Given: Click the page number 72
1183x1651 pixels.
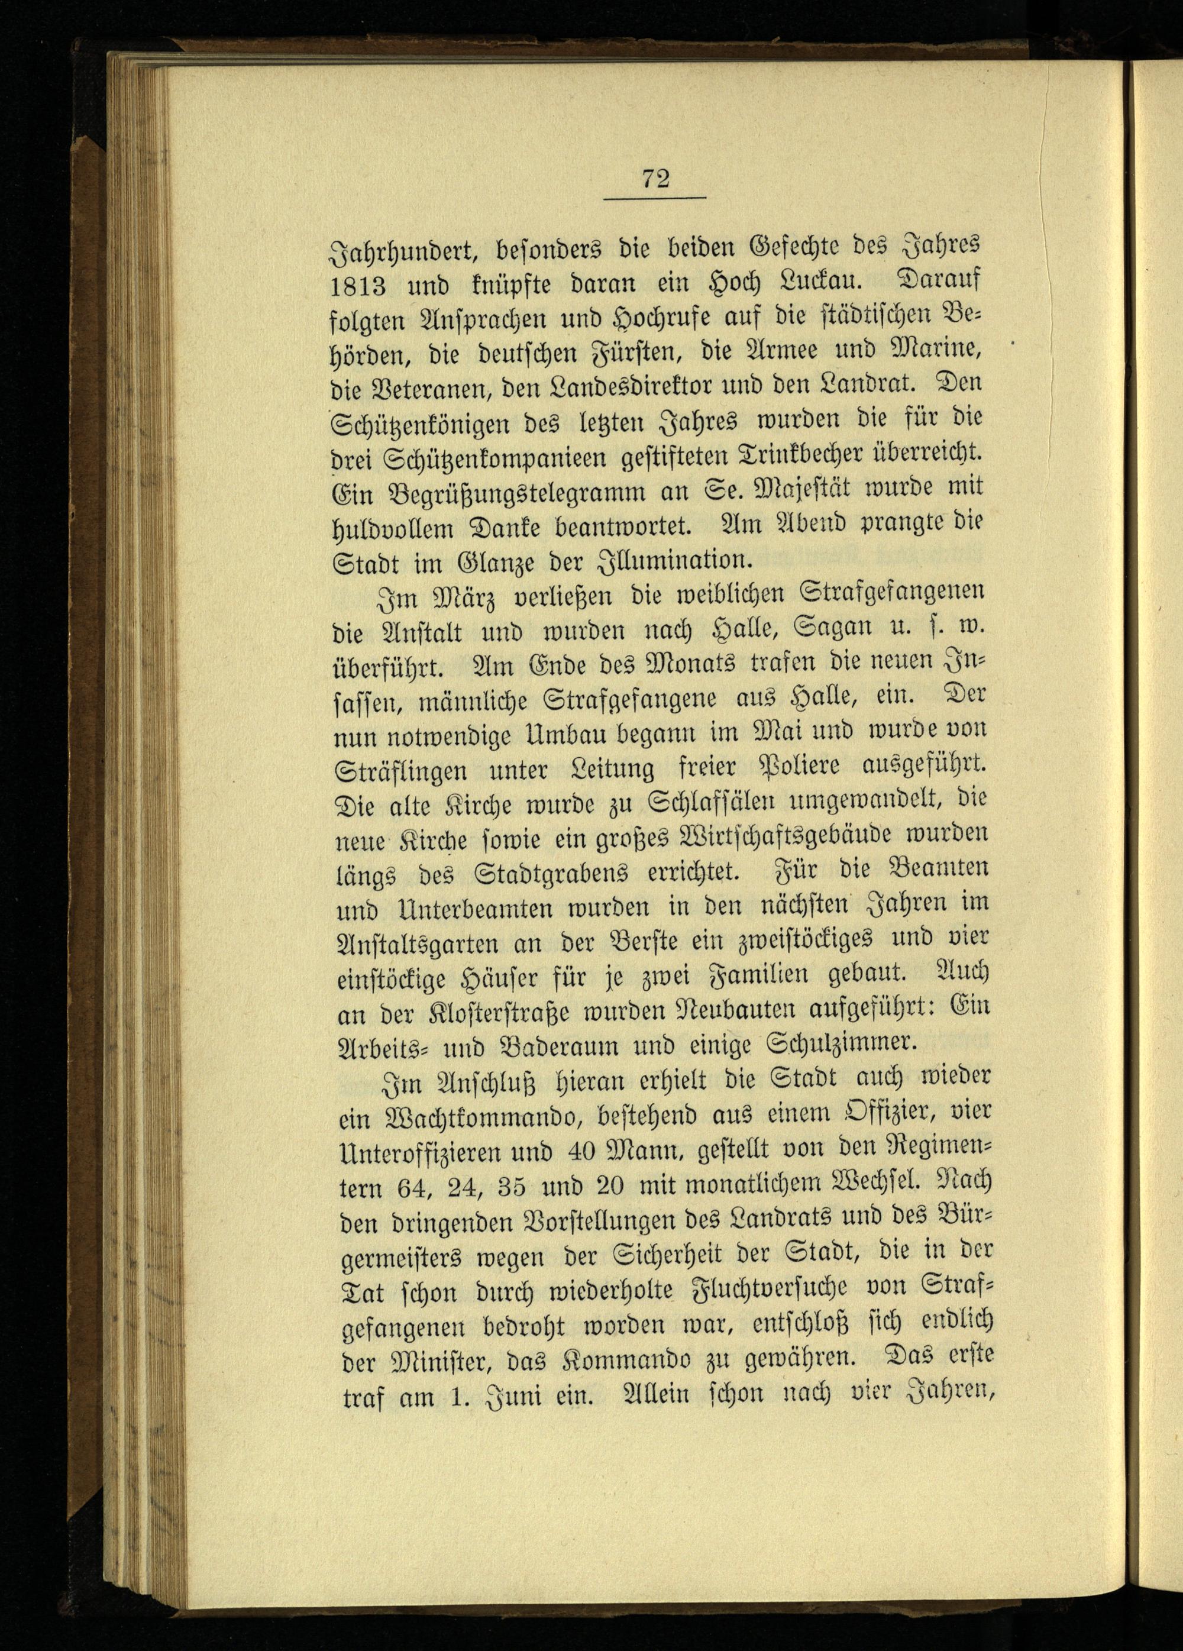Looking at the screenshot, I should (x=655, y=178).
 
